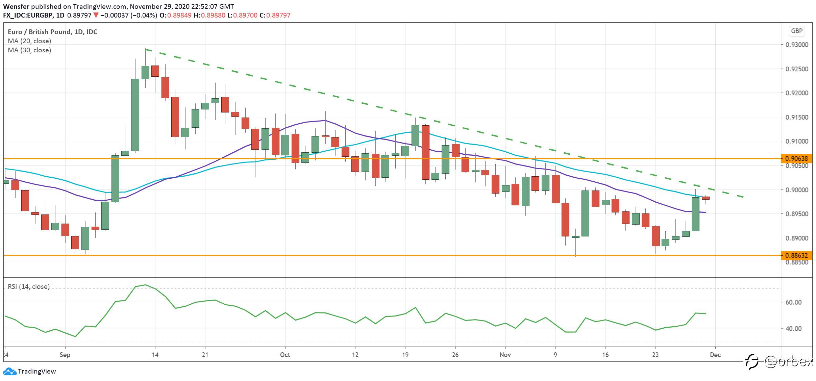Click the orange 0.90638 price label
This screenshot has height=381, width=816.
(797, 158)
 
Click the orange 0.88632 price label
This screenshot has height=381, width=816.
(797, 255)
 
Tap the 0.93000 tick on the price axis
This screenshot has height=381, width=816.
(797, 45)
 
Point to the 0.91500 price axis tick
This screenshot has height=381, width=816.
(797, 117)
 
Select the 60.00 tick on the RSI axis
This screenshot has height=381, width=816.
(793, 302)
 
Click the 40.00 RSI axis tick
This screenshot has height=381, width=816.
(793, 328)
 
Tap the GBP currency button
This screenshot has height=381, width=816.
(797, 31)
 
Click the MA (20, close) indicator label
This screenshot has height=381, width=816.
(29, 41)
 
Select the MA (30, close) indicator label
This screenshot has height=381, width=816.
(29, 50)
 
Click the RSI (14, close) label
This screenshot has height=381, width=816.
(29, 286)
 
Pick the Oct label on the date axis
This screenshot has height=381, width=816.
(285, 355)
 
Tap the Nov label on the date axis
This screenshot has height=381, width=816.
(505, 355)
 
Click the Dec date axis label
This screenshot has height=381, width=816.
(715, 355)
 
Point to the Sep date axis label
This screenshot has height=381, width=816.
(65, 355)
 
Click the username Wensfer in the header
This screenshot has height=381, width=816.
(16, 6)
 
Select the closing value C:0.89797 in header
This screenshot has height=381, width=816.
(275, 15)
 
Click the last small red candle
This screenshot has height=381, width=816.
(706, 198)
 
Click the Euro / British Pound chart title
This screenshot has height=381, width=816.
(52, 32)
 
